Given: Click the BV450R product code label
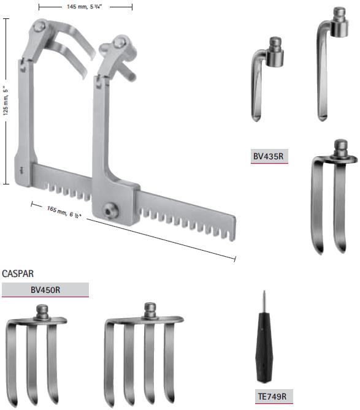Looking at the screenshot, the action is click(45, 290).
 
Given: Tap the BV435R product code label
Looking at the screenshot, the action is click(269, 156).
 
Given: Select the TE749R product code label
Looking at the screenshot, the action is click(273, 397).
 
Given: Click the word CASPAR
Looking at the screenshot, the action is click(18, 274).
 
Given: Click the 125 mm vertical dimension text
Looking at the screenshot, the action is click(6, 101).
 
